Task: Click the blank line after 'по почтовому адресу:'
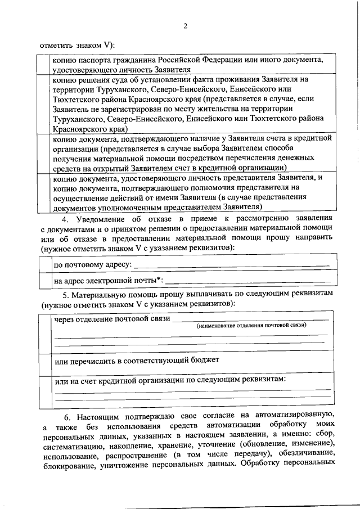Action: tap(228, 265)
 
